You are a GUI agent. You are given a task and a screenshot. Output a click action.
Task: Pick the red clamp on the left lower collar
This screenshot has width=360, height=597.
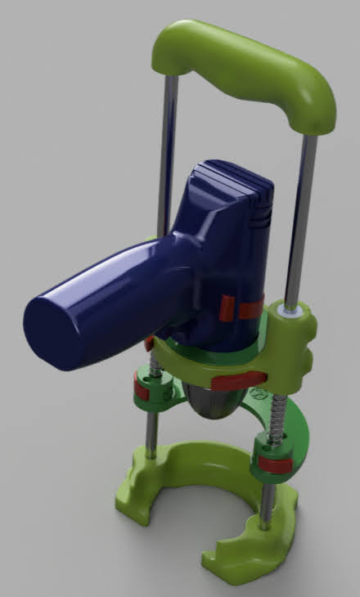142,392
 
